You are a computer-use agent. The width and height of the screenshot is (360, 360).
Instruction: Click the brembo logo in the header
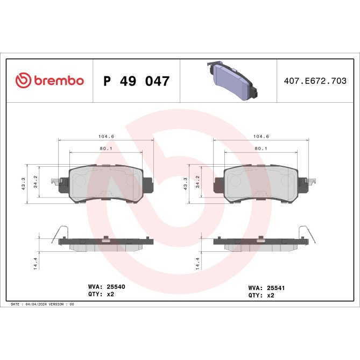(x=50, y=81)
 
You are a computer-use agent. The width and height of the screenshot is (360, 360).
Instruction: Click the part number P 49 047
(x=137, y=81)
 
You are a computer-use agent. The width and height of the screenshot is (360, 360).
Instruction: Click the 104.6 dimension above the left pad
(x=105, y=137)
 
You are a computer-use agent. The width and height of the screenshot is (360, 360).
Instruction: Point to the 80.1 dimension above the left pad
(x=105, y=148)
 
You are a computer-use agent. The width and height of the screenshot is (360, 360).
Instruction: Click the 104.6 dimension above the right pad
(x=261, y=137)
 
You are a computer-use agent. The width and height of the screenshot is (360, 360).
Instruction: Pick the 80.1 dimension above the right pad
(x=262, y=148)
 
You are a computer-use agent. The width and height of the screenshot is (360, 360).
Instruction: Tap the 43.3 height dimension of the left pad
(x=24, y=184)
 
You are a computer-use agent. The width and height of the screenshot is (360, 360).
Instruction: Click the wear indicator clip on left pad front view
(x=56, y=182)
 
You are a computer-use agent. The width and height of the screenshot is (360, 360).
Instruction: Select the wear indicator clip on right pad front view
(x=310, y=182)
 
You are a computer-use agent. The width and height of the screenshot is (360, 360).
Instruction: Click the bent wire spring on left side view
(x=60, y=232)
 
